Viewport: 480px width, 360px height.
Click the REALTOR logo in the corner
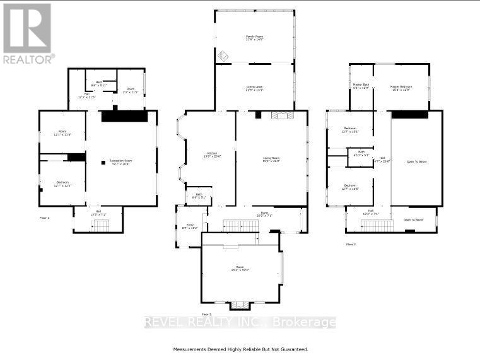[28, 33]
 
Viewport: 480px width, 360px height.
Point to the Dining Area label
[254, 88]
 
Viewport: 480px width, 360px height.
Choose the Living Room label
[271, 159]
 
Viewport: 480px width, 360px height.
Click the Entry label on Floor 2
[190, 227]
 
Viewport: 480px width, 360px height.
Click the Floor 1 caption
[44, 218]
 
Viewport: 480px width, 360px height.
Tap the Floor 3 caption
[351, 244]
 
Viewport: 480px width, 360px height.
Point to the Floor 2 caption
[206, 313]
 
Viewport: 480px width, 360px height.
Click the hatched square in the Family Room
[223, 57]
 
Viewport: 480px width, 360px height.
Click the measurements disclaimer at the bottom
[240, 349]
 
